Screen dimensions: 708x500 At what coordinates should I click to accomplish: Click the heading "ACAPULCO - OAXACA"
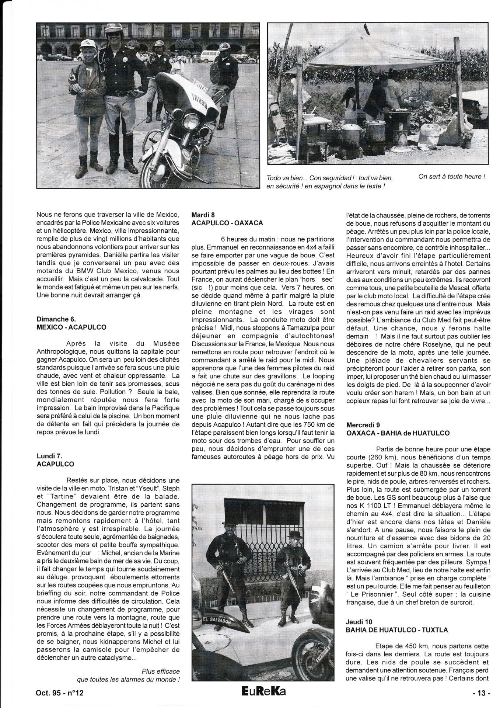(x=227, y=223)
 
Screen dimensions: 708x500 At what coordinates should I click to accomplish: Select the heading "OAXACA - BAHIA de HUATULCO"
(x=398, y=433)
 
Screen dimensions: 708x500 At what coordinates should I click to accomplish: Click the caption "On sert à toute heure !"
(x=452, y=177)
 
